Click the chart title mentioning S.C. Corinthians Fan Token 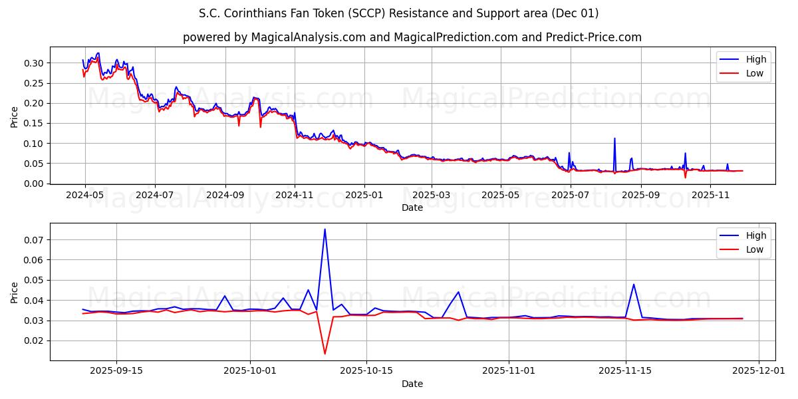398,13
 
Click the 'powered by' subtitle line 412,37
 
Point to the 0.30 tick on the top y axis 34,63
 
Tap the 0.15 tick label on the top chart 34,124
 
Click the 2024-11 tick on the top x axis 295,195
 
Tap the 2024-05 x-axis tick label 84,195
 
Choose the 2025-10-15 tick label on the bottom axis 367,371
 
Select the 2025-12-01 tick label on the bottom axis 759,371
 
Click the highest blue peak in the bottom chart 325,229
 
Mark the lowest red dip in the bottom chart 325,354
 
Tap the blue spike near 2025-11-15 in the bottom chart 633,285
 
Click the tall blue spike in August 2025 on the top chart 614,138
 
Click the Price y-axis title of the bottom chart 15,292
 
